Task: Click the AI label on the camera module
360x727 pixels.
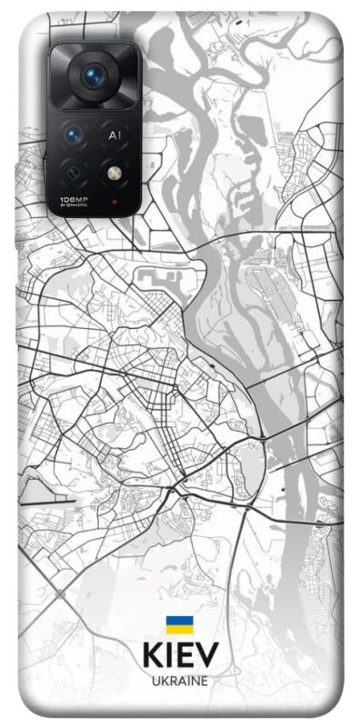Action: click(115, 135)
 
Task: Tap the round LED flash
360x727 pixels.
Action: click(115, 171)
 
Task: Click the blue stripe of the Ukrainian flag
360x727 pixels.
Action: click(179, 620)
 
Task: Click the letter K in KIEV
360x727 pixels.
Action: click(152, 655)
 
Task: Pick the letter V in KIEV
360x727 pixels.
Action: click(207, 655)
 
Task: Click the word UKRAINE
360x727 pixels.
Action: click(179, 680)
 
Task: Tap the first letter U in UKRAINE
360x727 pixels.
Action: click(155, 680)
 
